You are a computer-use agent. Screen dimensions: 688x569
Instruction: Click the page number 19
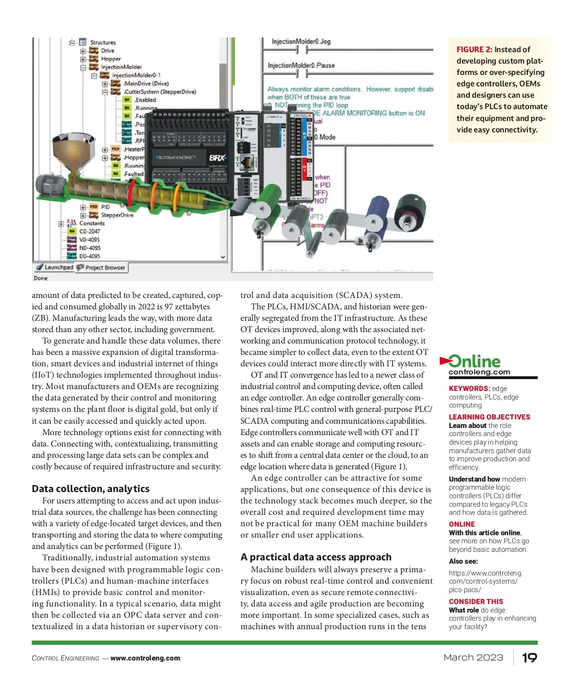pyautogui.click(x=530, y=658)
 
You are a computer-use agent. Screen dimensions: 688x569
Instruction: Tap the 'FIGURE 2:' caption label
pyautogui.click(x=474, y=50)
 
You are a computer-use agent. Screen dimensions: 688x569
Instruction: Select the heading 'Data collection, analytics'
pyautogui.click(x=91, y=489)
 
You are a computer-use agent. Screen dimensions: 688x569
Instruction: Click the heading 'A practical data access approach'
pyautogui.click(x=316, y=557)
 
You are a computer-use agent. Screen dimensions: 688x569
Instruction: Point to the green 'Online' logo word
pyautogui.click(x=475, y=362)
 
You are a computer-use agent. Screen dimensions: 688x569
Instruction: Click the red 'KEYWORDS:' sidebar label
pyautogui.click(x=469, y=389)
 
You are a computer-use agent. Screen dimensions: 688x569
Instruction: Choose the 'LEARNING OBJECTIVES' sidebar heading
pyautogui.click(x=489, y=417)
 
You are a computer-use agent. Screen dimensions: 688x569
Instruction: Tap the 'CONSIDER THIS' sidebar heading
pyautogui.click(x=476, y=602)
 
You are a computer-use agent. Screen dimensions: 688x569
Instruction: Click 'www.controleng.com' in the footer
pyautogui.click(x=145, y=658)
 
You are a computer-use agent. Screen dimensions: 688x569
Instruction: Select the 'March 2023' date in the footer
pyautogui.click(x=473, y=658)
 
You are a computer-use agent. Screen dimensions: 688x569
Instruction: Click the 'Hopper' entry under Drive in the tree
pyautogui.click(x=111, y=59)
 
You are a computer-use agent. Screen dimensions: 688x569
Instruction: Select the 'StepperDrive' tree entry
pyautogui.click(x=117, y=215)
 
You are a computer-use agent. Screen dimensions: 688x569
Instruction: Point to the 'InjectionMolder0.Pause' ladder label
pyautogui.click(x=301, y=65)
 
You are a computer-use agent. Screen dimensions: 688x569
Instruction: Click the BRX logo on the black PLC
pyautogui.click(x=218, y=158)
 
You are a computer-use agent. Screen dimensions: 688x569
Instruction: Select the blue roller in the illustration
pyautogui.click(x=376, y=212)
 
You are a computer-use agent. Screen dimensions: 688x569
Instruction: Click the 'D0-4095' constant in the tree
pyautogui.click(x=90, y=256)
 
